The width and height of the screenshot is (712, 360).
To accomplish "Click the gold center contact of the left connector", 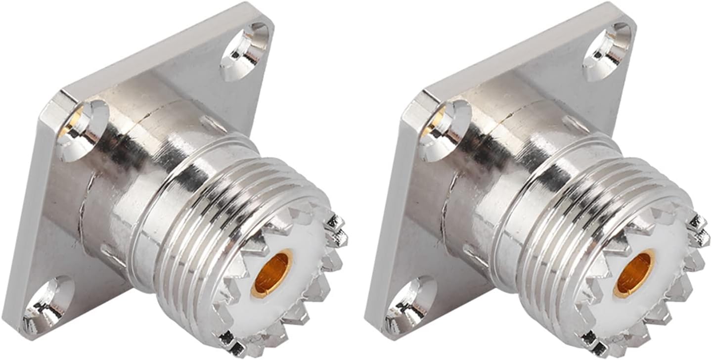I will [x=271, y=274].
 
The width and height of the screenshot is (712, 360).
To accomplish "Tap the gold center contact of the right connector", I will [x=634, y=274].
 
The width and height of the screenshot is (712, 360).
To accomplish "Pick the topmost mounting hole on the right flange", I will [x=607, y=52].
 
